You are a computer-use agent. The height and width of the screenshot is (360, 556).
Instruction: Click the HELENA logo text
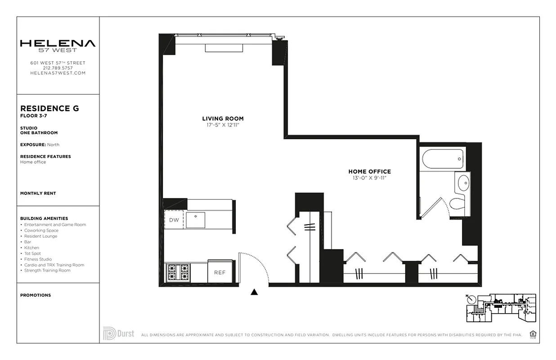pyautogui.click(x=58, y=43)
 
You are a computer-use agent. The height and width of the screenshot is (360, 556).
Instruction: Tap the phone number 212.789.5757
pyautogui.click(x=58, y=68)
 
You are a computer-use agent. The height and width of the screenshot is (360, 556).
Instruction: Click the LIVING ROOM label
pyautogui.click(x=223, y=119)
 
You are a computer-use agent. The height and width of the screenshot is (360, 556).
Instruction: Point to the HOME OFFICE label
pyautogui.click(x=369, y=171)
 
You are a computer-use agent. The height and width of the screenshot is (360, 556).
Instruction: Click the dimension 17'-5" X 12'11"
pyautogui.click(x=223, y=125)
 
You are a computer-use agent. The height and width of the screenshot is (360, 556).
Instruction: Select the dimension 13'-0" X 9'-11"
pyautogui.click(x=369, y=178)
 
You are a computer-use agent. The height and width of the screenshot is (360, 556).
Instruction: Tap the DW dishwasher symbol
pyautogui.click(x=174, y=220)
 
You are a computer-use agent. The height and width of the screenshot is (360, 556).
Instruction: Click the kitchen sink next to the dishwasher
pyautogui.click(x=195, y=220)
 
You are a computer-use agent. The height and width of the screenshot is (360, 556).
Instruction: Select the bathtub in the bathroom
pyautogui.click(x=443, y=159)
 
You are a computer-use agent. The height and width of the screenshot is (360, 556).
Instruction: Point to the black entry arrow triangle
pyautogui.click(x=254, y=292)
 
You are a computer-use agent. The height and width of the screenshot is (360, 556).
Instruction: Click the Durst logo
pyautogui.click(x=118, y=333)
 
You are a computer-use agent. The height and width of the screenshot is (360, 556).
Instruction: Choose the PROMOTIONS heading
pyautogui.click(x=36, y=295)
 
